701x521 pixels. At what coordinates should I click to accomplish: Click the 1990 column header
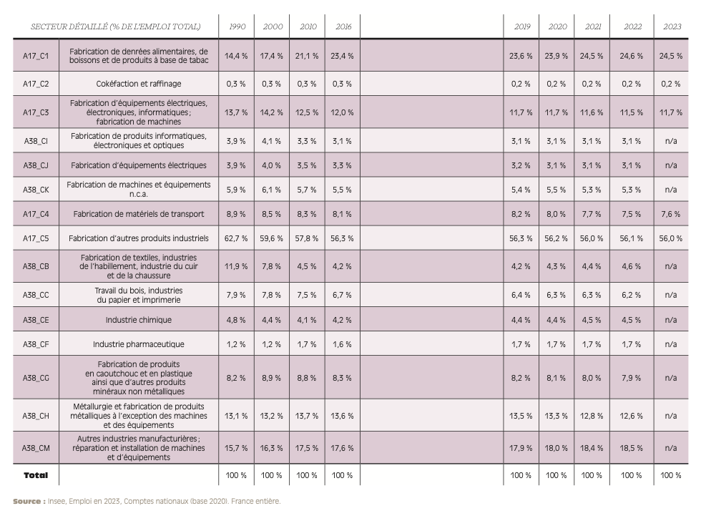pyautogui.click(x=237, y=26)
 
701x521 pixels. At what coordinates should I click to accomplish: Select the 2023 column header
pyautogui.click(x=672, y=26)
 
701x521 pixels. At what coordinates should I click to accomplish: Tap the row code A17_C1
pyautogui.click(x=36, y=56)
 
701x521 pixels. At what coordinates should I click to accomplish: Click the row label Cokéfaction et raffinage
pyautogui.click(x=139, y=84)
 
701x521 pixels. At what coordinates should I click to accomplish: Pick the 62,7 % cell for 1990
pyautogui.click(x=236, y=238)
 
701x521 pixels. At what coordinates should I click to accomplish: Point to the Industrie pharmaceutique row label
pyautogui.click(x=139, y=344)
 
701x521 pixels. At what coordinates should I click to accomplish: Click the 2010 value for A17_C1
pyautogui.click(x=307, y=56)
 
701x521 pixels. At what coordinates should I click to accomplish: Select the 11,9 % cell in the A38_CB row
pyautogui.click(x=236, y=266)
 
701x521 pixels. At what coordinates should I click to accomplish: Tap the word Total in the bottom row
pyautogui.click(x=36, y=475)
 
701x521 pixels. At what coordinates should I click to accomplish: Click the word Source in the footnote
pyautogui.click(x=27, y=502)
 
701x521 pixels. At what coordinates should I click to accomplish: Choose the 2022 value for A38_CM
pyautogui.click(x=631, y=448)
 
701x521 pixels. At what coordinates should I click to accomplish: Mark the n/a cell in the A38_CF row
pyautogui.click(x=671, y=344)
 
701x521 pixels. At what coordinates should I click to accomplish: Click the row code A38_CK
pyautogui.click(x=36, y=190)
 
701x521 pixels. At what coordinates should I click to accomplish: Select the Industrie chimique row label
pyautogui.click(x=139, y=320)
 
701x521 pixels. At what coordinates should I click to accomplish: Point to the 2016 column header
pyautogui.click(x=343, y=26)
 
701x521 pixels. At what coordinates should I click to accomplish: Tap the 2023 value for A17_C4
pyautogui.click(x=671, y=214)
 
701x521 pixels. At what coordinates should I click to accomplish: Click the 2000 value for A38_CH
pyautogui.click(x=271, y=416)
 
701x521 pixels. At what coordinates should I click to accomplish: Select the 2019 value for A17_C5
pyautogui.click(x=521, y=238)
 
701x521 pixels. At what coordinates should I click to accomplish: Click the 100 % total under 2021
pyautogui.click(x=592, y=475)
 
